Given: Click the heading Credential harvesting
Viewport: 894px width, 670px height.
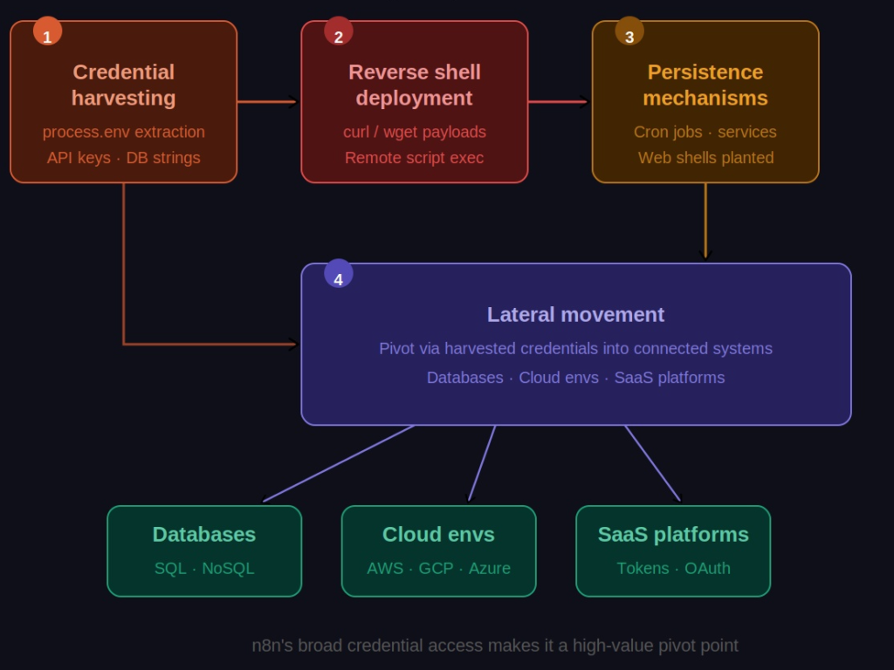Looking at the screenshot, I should click(123, 85).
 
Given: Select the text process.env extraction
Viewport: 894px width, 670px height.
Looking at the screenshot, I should click(123, 132).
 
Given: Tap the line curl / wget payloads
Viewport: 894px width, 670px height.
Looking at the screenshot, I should click(415, 132).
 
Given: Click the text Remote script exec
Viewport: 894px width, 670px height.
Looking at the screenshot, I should click(415, 158).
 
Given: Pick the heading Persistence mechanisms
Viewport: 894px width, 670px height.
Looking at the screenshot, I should click(705, 85).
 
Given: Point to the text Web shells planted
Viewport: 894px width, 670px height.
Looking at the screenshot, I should click(705, 158).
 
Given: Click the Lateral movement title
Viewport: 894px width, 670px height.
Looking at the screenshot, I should click(575, 314).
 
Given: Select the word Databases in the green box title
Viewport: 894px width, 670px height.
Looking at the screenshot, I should click(204, 534).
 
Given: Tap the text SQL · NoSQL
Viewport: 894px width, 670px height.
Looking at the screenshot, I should click(204, 568).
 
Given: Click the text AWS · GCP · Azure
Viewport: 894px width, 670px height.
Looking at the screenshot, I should click(438, 568).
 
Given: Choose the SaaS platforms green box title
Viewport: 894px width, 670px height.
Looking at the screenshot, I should click(673, 534).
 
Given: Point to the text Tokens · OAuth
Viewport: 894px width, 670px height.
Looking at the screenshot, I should click(673, 568).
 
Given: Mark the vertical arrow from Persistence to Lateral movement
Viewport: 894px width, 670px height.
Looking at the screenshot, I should click(705, 222).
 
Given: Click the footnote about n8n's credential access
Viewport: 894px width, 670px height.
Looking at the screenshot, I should click(495, 646).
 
